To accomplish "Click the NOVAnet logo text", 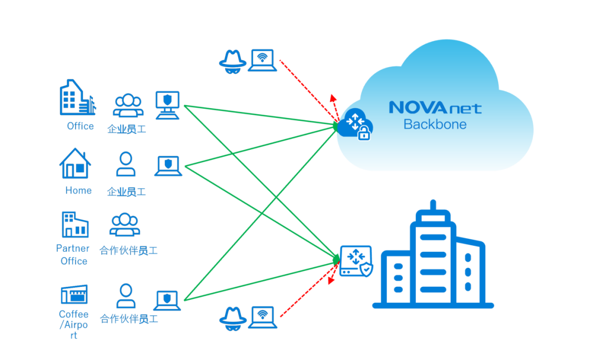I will [435, 108].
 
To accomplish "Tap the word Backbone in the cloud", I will [435, 125].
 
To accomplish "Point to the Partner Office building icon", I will [75, 225].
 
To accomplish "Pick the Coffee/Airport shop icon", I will [74, 294].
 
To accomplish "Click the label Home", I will [79, 191].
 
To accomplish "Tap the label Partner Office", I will [74, 255].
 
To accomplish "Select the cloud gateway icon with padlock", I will [355, 125].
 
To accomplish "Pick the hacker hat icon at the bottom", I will [233, 317].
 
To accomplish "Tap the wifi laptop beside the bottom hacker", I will [263, 317].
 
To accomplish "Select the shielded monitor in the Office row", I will [167, 105].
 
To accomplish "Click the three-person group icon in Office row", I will [128, 105].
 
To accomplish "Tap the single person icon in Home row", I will [126, 164].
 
